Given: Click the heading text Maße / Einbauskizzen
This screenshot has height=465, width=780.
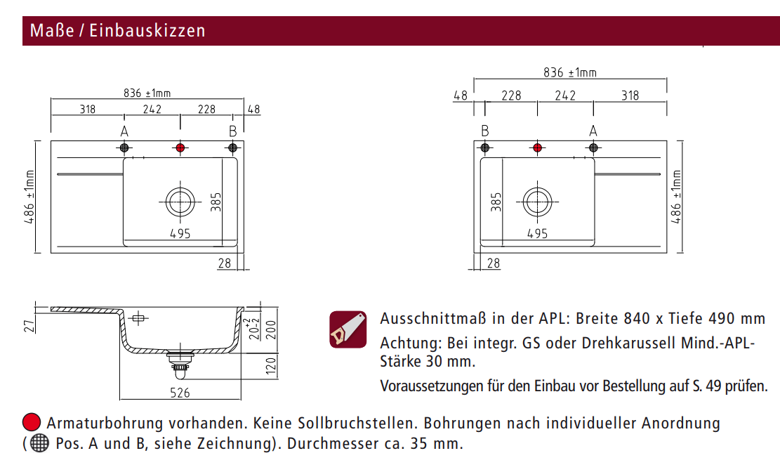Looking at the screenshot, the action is [117, 31].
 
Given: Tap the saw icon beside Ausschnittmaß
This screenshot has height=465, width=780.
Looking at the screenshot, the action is [348, 329].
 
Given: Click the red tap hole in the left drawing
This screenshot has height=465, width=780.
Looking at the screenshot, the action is [180, 148].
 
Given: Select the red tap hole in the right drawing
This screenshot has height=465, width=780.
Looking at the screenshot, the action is [537, 148].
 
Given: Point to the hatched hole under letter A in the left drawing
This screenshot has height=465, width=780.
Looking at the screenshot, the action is [124, 148].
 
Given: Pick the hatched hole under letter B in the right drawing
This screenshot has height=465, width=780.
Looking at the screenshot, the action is [485, 148].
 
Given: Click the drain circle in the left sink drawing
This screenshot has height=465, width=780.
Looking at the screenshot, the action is [180, 202].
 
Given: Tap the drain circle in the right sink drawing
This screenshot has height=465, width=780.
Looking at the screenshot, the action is [537, 202].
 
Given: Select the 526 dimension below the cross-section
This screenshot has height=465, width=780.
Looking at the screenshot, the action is [180, 393].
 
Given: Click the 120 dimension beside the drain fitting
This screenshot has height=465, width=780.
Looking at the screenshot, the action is [271, 366].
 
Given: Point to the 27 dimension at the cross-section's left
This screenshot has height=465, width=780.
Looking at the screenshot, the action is [30, 326].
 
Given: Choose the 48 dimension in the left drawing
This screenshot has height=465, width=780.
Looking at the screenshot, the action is [253, 109].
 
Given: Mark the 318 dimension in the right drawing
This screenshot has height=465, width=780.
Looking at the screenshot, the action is [630, 95].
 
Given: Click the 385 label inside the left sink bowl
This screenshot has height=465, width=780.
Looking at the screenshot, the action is [216, 202].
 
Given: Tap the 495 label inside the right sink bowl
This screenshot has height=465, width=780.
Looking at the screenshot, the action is [537, 233].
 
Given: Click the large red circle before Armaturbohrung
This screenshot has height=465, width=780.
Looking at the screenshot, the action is [32, 422].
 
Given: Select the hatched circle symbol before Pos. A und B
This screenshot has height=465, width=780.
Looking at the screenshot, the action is [39, 443].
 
